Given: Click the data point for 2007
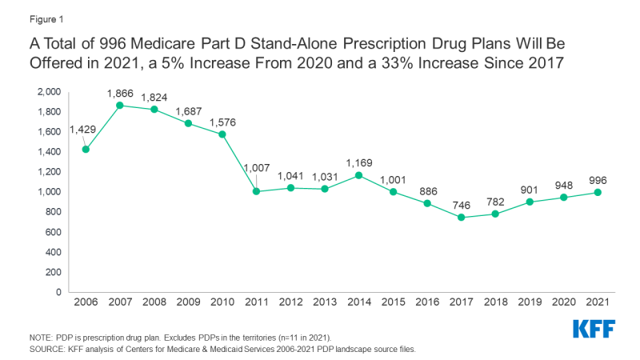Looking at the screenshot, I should click(x=120, y=105).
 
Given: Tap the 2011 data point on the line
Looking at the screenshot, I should click(x=256, y=191).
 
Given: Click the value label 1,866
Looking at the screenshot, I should click(x=120, y=93).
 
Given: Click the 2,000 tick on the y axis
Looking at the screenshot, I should click(x=49, y=92).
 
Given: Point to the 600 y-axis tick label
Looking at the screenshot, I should click(x=54, y=232).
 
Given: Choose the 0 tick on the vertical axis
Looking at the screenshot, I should click(x=58, y=292).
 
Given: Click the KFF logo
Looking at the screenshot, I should click(x=595, y=330).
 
